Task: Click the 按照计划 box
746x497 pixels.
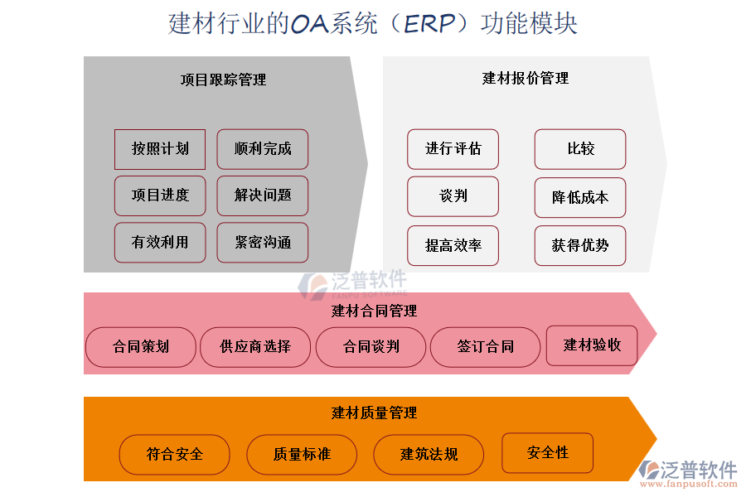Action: click(160, 149)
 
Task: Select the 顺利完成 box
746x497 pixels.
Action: click(262, 149)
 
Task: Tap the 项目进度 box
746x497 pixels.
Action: click(160, 195)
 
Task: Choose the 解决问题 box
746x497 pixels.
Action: click(262, 195)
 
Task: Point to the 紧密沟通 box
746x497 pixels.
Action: click(262, 243)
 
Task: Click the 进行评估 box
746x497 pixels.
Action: click(453, 149)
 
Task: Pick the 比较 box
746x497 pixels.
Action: click(579, 149)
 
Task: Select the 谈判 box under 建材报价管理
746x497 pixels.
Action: click(453, 196)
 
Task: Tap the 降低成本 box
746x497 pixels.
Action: click(579, 197)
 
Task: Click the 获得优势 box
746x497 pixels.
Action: click(579, 245)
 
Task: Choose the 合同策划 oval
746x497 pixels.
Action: click(141, 347)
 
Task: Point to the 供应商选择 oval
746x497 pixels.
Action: click(255, 347)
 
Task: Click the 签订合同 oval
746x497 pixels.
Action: click(485, 347)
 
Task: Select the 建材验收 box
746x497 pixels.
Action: click(591, 345)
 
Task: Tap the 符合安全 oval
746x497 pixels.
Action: click(175, 454)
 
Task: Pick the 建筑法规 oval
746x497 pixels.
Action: click(429, 454)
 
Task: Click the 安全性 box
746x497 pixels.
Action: click(547, 453)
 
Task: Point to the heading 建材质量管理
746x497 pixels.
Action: click(374, 413)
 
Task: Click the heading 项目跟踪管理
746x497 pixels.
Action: click(223, 80)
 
